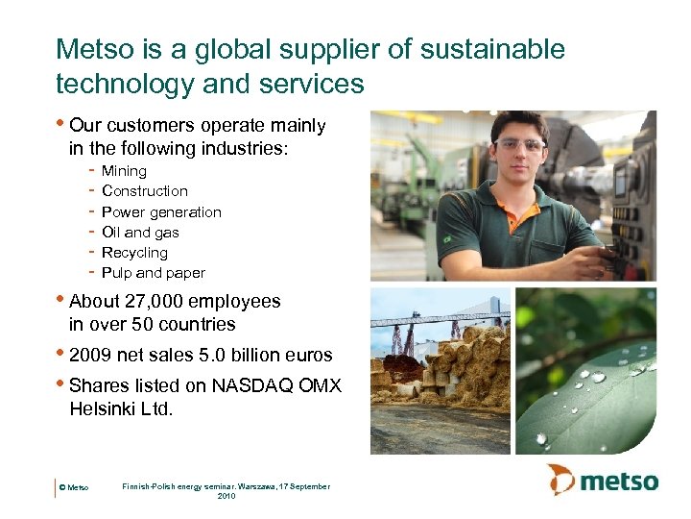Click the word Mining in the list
124,171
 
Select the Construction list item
144,191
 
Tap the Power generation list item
161,212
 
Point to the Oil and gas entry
140,233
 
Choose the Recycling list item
134,253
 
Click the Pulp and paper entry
153,273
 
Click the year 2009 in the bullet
89,356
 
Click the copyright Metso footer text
74,488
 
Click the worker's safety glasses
518,146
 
